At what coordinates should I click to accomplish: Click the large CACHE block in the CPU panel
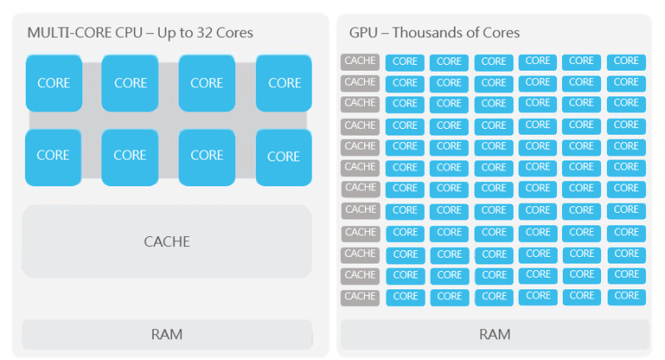166,241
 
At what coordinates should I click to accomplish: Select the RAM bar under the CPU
166,334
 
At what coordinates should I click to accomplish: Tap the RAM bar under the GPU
494,334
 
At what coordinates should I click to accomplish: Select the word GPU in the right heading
362,33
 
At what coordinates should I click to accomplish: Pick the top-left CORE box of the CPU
53,83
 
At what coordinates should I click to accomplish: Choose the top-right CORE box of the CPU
283,83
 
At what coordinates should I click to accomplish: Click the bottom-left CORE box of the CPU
53,155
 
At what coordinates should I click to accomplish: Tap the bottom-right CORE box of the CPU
283,156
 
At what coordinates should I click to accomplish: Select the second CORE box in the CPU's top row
130,83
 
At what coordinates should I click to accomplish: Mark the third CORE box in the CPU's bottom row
206,155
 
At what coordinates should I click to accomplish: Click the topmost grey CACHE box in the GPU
360,61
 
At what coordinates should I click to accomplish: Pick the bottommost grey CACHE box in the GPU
360,297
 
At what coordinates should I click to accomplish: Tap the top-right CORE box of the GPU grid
626,62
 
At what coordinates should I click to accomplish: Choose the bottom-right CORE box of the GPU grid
626,297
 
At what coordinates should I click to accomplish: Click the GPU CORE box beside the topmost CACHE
405,62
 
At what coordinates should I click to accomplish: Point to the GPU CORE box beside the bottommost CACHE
405,297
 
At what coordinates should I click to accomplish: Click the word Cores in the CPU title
235,33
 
